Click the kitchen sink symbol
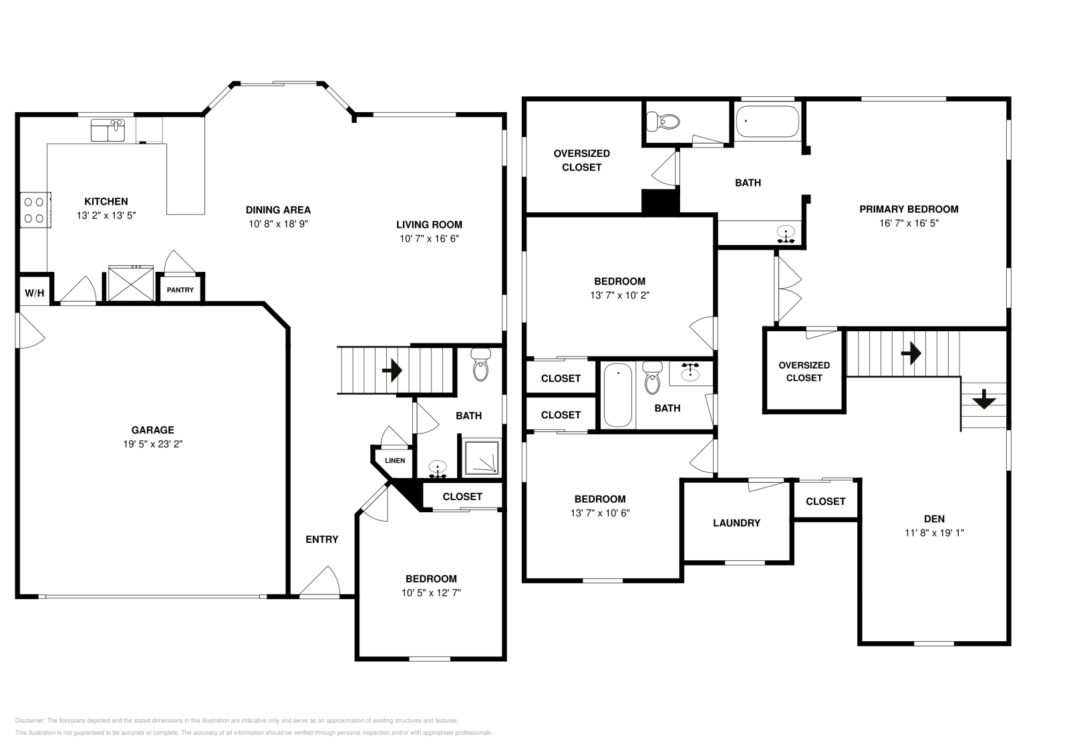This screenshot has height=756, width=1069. [108, 130]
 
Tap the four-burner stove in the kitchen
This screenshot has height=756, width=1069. [34, 209]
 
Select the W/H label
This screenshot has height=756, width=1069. [35, 293]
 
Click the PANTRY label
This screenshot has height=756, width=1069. [180, 290]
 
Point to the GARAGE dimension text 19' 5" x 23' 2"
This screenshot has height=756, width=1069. [152, 443]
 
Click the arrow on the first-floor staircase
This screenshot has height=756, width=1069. [392, 369]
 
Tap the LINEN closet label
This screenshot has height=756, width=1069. [394, 460]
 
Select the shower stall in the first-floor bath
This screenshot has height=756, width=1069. [480, 457]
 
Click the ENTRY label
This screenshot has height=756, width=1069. [322, 540]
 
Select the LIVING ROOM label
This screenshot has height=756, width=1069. [429, 224]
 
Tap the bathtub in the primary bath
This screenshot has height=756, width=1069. [767, 122]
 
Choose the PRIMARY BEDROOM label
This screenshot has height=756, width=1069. [909, 209]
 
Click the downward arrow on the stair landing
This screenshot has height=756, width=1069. [983, 401]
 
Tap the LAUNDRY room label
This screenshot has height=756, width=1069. [736, 523]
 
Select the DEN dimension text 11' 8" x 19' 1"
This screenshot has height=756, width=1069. [934, 533]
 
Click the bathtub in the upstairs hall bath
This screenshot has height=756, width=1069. [618, 395]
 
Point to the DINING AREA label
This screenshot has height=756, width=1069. [278, 210]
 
